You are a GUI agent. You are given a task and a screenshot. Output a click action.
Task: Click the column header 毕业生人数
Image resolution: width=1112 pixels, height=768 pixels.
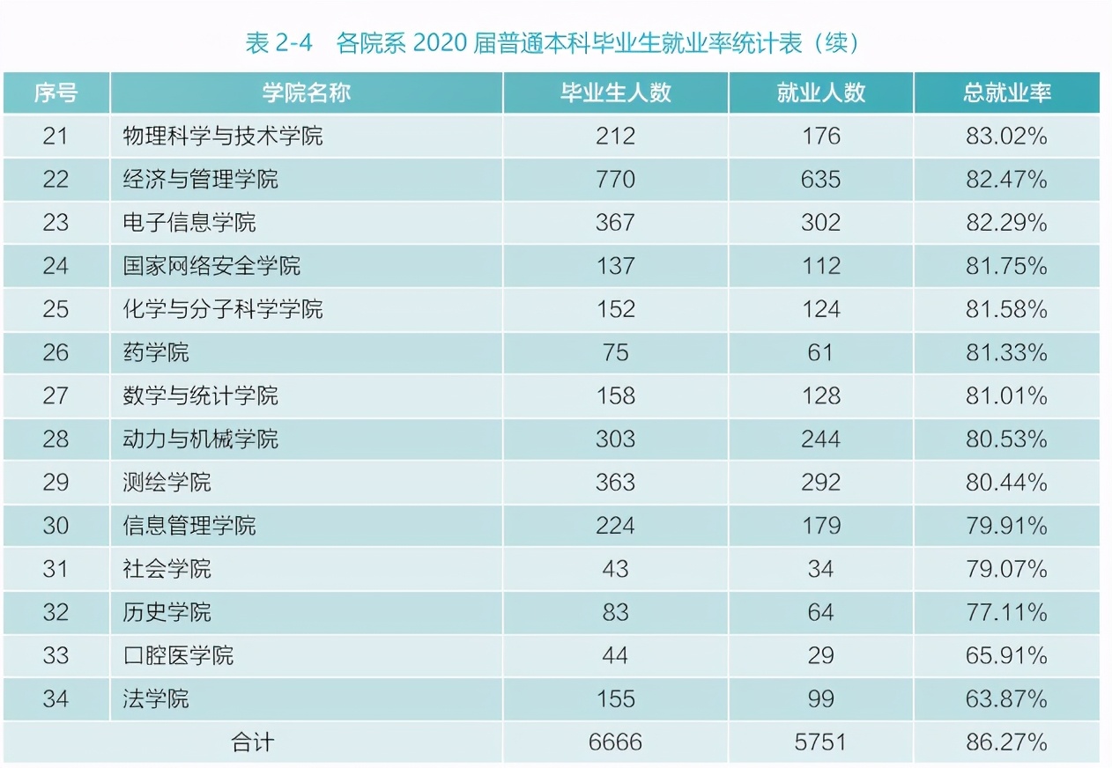point(615,93)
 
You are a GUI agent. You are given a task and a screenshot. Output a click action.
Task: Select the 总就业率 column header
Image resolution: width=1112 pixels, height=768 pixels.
point(1006,93)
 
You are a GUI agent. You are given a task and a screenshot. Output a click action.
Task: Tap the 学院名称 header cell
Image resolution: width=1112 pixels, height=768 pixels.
point(306,93)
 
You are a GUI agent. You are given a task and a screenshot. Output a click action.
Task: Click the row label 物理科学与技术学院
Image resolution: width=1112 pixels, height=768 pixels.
point(223,137)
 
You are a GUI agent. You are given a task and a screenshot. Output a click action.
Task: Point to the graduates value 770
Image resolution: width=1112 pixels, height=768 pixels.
point(615,180)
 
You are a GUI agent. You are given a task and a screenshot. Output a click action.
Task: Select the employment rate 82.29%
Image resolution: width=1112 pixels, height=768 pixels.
point(1006,223)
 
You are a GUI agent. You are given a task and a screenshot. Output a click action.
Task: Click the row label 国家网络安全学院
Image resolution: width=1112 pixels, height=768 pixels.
point(211,266)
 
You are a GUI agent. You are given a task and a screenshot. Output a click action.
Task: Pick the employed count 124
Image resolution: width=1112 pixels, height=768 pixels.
point(820,309)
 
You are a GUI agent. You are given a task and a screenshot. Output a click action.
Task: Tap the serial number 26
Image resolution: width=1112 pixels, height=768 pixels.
point(56,353)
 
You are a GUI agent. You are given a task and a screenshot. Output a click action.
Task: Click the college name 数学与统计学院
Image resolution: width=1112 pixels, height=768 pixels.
point(200,396)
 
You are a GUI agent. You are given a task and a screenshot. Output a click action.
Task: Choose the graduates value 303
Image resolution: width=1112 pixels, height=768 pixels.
point(615,439)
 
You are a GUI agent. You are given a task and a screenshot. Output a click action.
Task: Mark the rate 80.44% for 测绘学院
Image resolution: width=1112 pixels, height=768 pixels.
point(1006,483)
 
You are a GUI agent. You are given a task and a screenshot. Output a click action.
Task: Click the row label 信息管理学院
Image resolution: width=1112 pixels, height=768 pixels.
point(189,526)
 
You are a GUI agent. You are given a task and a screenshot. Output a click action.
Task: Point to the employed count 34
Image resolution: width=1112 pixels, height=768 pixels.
point(820,569)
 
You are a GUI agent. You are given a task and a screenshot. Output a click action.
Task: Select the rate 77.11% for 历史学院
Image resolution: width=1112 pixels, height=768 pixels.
point(1006,612)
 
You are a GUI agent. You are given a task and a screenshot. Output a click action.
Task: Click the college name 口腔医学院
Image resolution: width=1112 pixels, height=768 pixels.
point(178,656)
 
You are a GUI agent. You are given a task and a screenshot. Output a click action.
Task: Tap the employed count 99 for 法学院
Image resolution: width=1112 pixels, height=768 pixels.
point(820,699)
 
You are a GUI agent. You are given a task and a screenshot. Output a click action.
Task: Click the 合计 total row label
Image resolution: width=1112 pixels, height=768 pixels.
point(252,742)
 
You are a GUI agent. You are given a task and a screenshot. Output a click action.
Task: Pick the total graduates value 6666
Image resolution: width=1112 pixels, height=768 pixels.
point(615,742)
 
